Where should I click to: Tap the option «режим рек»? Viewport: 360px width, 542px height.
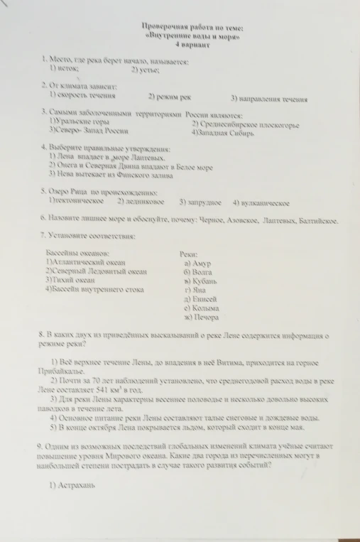pyautogui.click(x=170, y=96)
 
